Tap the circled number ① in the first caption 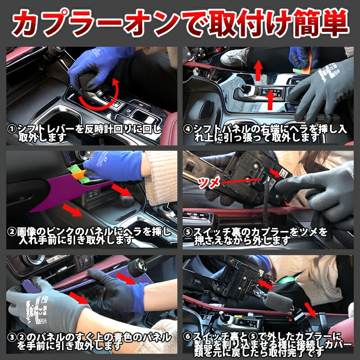12,130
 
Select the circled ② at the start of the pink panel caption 12,232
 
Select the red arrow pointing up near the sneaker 259,70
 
